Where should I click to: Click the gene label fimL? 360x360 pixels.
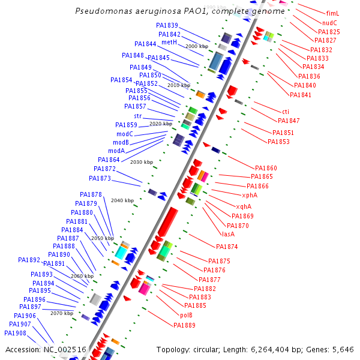[x=332, y=13]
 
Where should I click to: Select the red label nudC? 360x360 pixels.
[x=329, y=23]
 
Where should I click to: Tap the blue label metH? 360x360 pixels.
[x=169, y=43]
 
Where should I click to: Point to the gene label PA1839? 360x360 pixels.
[x=167, y=26]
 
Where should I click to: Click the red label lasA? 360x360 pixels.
[x=228, y=234]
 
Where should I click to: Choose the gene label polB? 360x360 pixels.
[x=186, y=315]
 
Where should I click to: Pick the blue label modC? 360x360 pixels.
[x=125, y=134]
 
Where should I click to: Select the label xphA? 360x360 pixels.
[x=250, y=196]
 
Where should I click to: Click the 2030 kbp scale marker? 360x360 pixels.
[x=142, y=162]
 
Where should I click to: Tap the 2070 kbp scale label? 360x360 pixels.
[x=62, y=313]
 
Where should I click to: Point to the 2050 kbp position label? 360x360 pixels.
[x=102, y=238]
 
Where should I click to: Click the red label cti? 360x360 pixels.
[x=286, y=112]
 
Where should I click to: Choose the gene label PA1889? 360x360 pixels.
[x=185, y=325]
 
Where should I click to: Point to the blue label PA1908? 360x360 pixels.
[x=15, y=333]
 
